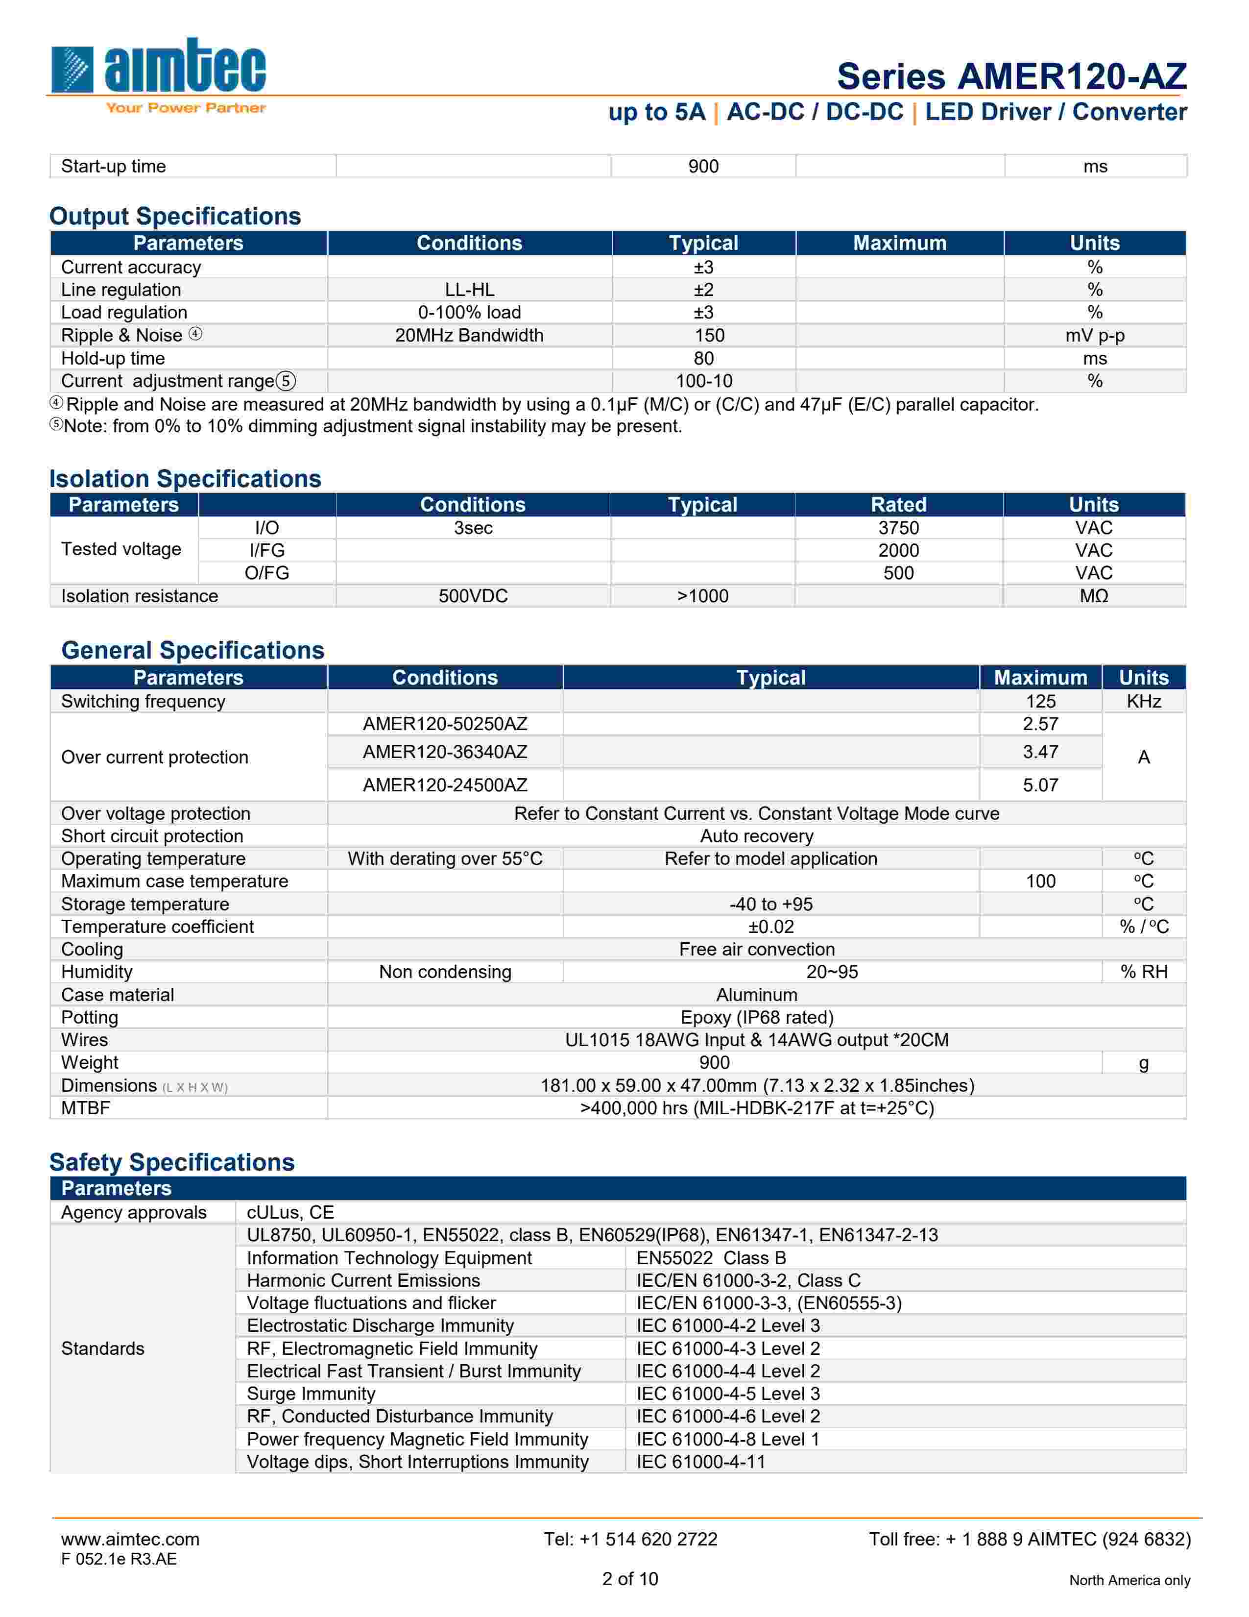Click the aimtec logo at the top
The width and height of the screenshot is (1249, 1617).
coord(158,74)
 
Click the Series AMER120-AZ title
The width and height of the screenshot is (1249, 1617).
coord(1011,76)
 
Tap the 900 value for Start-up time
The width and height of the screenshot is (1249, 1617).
coord(703,167)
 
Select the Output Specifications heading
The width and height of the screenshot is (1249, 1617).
coord(175,216)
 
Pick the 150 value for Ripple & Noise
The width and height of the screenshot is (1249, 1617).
coord(709,335)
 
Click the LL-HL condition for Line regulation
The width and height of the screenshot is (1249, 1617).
coord(469,290)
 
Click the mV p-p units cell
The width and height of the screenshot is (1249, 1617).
coord(1094,335)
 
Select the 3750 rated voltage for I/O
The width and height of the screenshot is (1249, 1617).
coord(898,528)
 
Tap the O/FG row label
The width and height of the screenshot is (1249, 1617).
coord(266,573)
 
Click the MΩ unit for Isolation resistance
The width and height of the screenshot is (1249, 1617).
coord(1094,596)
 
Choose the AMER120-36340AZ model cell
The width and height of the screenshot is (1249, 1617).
coord(445,752)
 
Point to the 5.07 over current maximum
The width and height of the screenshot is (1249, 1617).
coord(1040,785)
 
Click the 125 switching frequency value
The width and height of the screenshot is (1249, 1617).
coord(1040,701)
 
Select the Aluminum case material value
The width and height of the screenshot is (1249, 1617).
coord(756,995)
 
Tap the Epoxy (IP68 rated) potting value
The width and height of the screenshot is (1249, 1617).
coord(756,1017)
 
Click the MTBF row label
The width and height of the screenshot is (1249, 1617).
coord(86,1108)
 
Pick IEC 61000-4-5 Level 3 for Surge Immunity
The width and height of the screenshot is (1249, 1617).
coord(728,1394)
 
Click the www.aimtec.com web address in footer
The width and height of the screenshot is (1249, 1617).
coord(130,1539)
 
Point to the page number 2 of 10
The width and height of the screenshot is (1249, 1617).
coord(630,1579)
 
